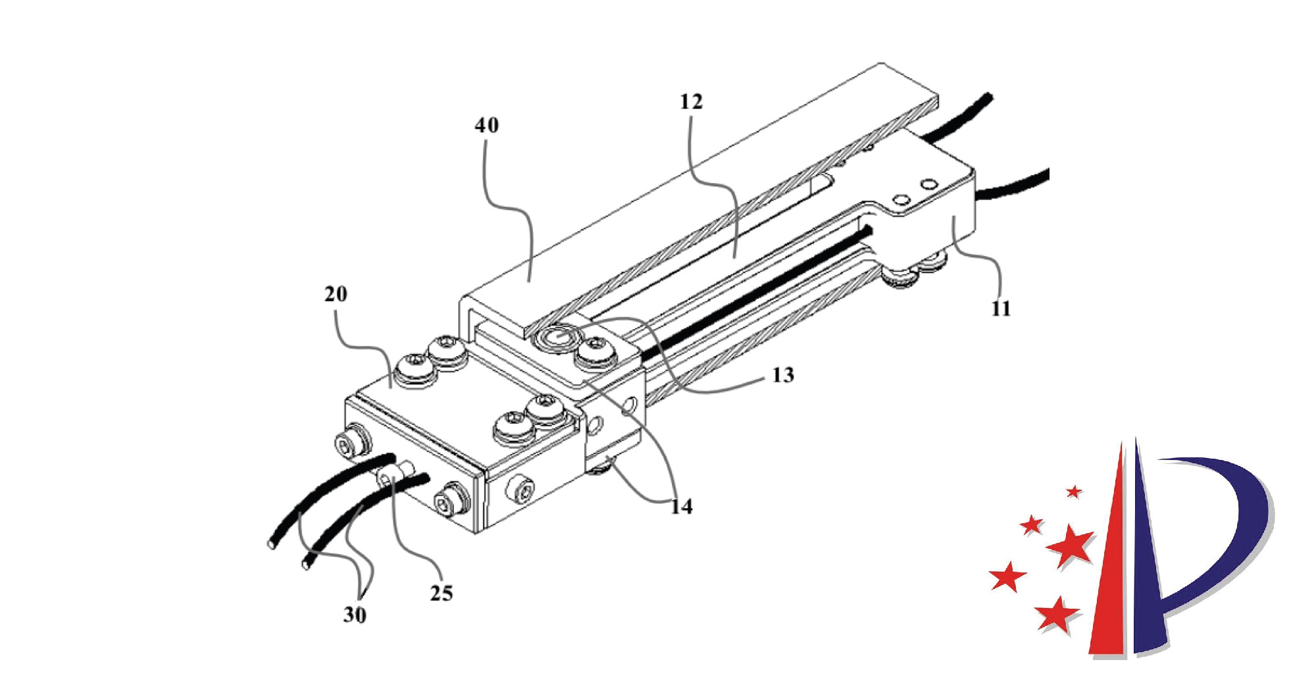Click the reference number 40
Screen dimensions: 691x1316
(x=487, y=125)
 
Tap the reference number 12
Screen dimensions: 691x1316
(x=691, y=101)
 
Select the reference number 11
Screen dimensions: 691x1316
(x=1001, y=309)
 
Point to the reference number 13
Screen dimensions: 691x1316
(x=783, y=375)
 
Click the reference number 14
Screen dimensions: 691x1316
(x=682, y=507)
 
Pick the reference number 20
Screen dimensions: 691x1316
(x=336, y=294)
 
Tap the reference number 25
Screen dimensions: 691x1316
(x=442, y=594)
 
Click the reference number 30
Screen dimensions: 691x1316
(x=355, y=615)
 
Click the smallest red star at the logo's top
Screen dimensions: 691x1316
(x=1074, y=491)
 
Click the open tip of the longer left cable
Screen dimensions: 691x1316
(x=271, y=544)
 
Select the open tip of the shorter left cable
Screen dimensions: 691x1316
(x=305, y=565)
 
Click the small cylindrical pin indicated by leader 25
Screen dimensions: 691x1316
(x=400, y=473)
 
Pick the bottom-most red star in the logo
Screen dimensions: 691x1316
(x=1057, y=615)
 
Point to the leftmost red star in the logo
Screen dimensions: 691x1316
(x=1007, y=577)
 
